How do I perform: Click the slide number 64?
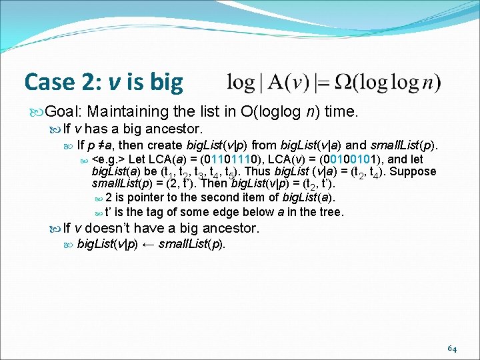[x=451, y=349]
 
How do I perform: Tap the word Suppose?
[x=414, y=171]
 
